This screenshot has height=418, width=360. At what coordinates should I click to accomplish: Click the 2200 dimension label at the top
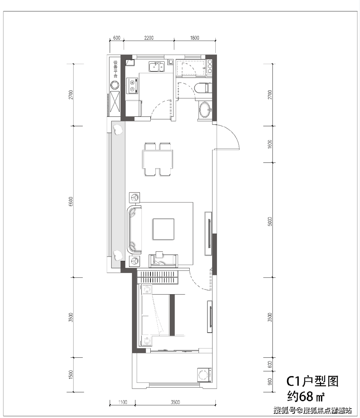click(149, 38)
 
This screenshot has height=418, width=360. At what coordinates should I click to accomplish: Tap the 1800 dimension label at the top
click(195, 38)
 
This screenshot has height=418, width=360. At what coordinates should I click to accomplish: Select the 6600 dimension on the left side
click(71, 202)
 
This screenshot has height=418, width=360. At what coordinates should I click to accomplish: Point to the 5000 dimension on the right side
click(270, 222)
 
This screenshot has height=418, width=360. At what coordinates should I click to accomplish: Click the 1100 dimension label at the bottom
click(123, 402)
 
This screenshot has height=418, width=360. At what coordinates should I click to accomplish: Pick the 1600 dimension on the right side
click(270, 144)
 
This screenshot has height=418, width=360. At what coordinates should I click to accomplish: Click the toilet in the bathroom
click(202, 88)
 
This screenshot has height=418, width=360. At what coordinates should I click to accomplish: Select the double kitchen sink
click(157, 67)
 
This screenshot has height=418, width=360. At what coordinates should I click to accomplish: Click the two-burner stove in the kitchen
click(133, 85)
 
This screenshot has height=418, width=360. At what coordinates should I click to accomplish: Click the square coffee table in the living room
click(163, 229)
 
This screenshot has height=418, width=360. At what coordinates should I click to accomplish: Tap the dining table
click(158, 159)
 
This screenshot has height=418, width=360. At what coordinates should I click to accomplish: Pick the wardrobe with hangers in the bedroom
click(158, 277)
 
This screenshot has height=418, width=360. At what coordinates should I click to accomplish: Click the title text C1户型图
click(312, 381)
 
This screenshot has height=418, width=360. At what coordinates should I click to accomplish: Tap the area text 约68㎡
click(306, 396)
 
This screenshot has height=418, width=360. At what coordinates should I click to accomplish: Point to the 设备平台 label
click(115, 69)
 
